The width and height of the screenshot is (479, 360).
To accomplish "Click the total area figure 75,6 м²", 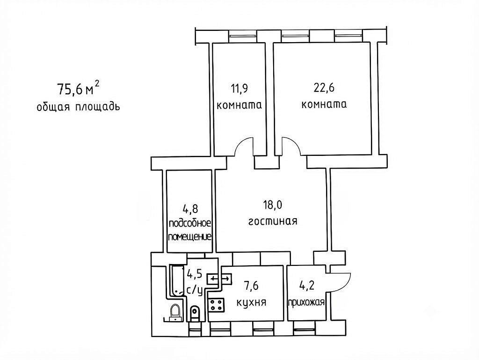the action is [78, 88].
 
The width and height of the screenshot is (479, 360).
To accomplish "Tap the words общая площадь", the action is [78, 107].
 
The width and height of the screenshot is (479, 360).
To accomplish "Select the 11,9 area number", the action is [239, 88].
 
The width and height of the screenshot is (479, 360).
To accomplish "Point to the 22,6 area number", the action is [324, 88].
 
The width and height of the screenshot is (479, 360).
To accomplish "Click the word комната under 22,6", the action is [324, 104].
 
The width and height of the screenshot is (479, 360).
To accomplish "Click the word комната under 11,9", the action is [239, 105].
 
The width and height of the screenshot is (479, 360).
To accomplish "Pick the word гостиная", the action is [273, 221].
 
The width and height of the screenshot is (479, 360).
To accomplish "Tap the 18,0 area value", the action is [273, 205].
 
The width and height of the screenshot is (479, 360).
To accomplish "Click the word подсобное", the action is [190, 223].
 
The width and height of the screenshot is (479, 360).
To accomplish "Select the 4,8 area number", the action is [190, 209].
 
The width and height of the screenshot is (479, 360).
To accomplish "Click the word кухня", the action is [251, 302].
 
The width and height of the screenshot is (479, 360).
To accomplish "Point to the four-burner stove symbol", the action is [217, 305].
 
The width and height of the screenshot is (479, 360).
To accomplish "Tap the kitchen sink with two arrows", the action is [219, 279].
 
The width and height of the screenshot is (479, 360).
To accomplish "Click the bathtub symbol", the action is [176, 280].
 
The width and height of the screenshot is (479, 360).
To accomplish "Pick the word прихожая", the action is [306, 302].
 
